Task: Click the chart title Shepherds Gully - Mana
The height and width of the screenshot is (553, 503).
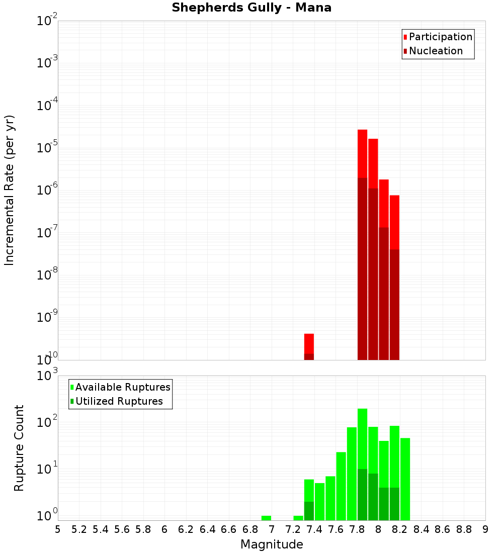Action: pyautogui.click(x=251, y=8)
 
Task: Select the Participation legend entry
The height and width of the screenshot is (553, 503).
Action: pyautogui.click(x=440, y=37)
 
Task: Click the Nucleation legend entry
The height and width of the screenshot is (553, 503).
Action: pyautogui.click(x=435, y=51)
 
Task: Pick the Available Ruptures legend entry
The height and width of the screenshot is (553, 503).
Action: pyautogui.click(x=122, y=387)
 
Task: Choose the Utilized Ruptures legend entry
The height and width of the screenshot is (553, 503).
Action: pyautogui.click(x=118, y=401)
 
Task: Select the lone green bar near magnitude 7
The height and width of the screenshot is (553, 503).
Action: pyautogui.click(x=266, y=518)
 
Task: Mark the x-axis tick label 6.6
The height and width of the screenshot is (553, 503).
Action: pyautogui.click(x=229, y=529)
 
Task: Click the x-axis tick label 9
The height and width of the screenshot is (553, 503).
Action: pyautogui.click(x=485, y=529)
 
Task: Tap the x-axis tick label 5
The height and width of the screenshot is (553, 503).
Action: pyautogui.click(x=58, y=529)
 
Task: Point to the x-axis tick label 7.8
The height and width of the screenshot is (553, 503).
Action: pyautogui.click(x=357, y=529)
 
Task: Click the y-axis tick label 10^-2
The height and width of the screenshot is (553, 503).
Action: pyautogui.click(x=47, y=21)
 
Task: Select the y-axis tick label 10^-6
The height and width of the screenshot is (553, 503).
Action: pyautogui.click(x=47, y=191)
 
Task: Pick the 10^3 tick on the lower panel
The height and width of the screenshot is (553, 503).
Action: pyautogui.click(x=47, y=376)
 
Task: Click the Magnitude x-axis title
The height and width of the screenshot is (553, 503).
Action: pyautogui.click(x=272, y=544)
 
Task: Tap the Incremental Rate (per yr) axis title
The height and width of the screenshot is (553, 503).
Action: pyautogui.click(x=10, y=191)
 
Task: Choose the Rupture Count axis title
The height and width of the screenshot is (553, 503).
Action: pyautogui.click(x=19, y=448)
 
